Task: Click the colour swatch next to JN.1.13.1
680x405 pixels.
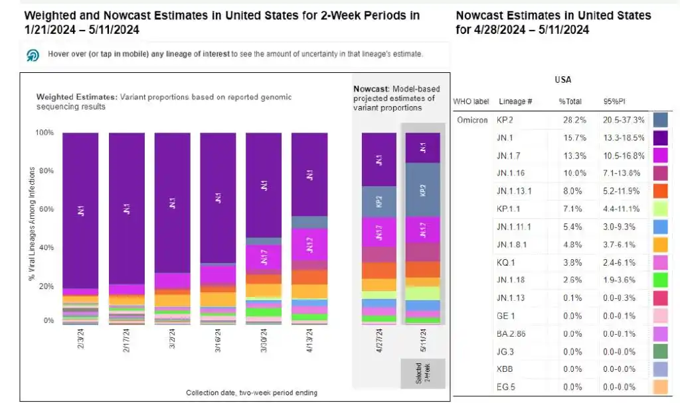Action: coord(660,192)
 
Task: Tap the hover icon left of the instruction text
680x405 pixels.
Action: coord(33,55)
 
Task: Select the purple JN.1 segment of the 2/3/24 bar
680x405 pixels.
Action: coord(80,210)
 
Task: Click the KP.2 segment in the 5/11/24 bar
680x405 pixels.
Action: coord(422,190)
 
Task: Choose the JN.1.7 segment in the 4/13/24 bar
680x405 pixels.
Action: coord(309,245)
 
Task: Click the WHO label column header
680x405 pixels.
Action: coord(471,101)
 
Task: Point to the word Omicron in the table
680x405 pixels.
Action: coord(472,121)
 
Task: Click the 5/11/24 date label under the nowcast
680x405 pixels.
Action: coord(423,345)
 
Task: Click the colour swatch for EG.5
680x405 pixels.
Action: coord(660,386)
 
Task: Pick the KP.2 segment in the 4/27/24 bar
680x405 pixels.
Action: coord(379,202)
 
